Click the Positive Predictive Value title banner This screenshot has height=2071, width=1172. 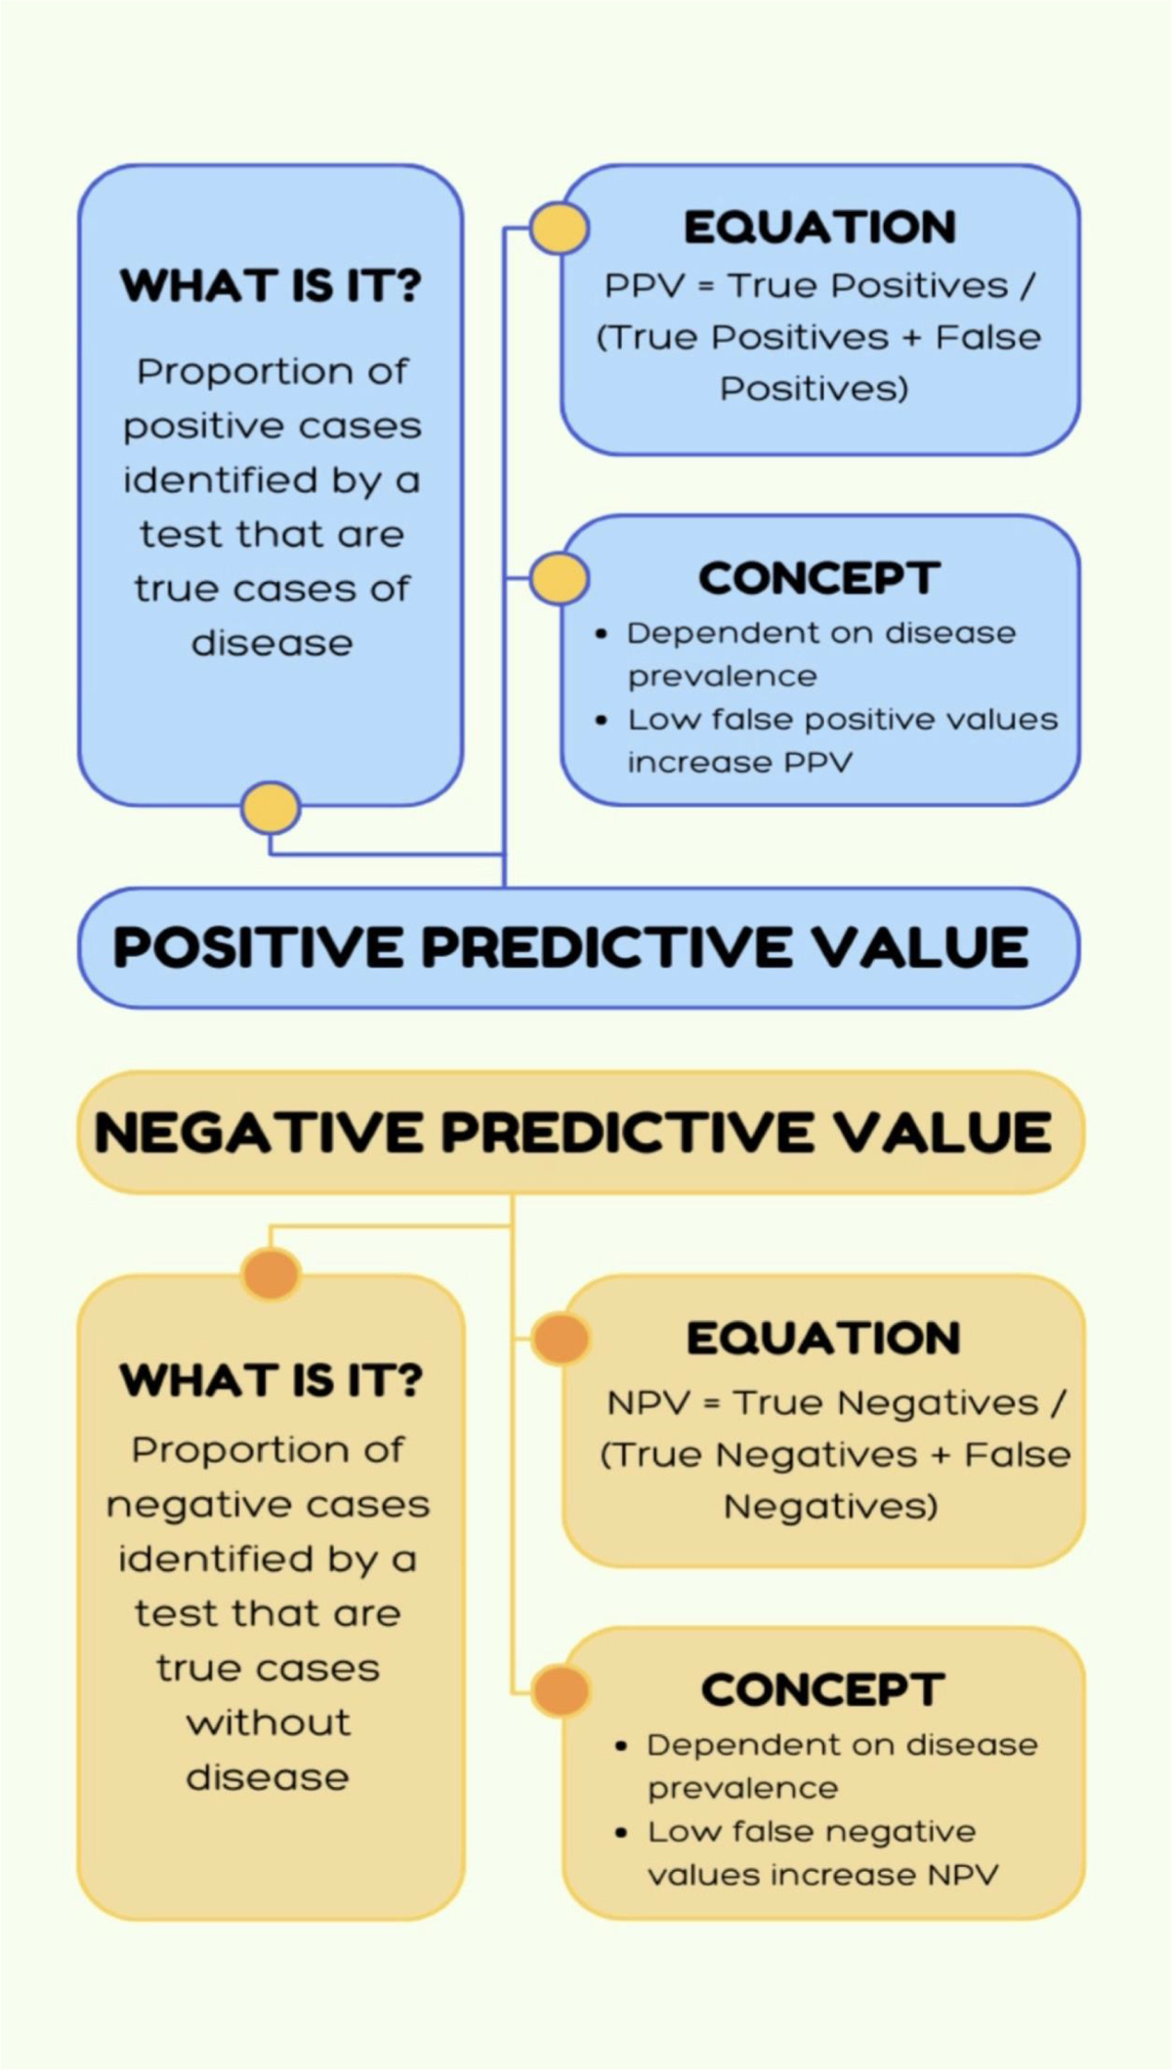click(579, 947)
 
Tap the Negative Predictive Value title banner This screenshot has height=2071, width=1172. click(581, 1133)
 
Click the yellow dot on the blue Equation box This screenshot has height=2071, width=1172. click(559, 228)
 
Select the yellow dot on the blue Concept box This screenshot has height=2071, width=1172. click(559, 578)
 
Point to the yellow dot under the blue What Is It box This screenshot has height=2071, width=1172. click(271, 808)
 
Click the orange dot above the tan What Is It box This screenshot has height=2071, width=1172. click(271, 1273)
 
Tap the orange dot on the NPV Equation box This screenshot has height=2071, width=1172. click(560, 1338)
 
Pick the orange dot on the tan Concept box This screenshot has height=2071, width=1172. click(560, 1690)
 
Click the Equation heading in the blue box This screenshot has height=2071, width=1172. click(820, 228)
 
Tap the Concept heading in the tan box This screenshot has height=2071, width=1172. click(822, 1690)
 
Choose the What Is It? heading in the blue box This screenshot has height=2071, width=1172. click(271, 285)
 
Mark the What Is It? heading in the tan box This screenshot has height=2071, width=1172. click(271, 1381)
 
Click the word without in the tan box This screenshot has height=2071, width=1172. click(269, 1722)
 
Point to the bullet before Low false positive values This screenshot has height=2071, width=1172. click(602, 721)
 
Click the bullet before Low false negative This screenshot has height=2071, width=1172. click(621, 1833)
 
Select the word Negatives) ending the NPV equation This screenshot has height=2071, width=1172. click(831, 1508)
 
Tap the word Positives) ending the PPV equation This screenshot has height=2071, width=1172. click(815, 390)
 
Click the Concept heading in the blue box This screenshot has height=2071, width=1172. click(819, 578)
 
